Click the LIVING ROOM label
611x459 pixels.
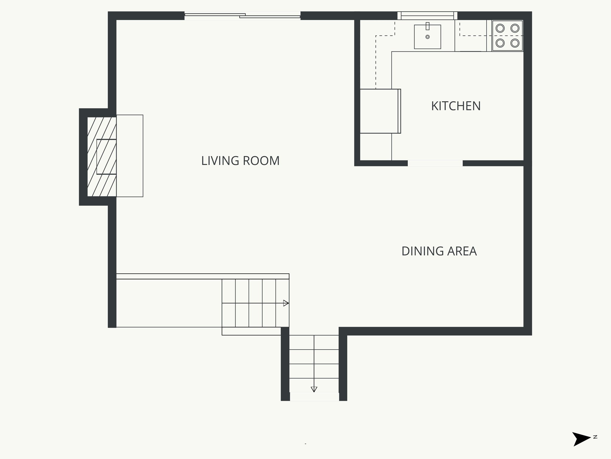(240, 161)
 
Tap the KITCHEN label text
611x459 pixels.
(456, 106)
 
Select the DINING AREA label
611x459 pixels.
(439, 251)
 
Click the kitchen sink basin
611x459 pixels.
(427, 37)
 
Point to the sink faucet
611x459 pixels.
(428, 26)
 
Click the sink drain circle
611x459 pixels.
(428, 37)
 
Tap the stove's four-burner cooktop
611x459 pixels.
(507, 36)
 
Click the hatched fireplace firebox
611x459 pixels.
(102, 157)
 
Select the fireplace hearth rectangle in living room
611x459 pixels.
(130, 156)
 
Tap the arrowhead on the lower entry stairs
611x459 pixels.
(314, 389)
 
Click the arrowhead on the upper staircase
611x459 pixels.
(286, 303)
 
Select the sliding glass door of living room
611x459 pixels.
(242, 16)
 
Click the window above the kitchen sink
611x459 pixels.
(427, 16)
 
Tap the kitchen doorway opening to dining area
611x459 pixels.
(435, 163)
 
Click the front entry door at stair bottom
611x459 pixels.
(314, 397)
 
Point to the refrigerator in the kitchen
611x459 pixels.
(379, 111)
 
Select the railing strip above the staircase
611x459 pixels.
(203, 276)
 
